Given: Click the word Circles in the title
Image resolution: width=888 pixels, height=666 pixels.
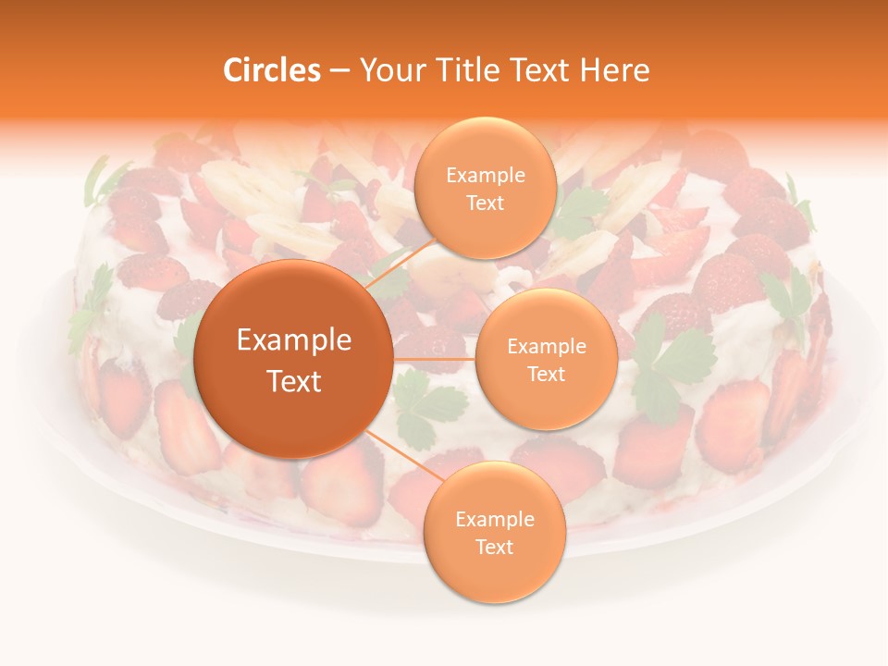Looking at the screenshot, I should click(x=271, y=70).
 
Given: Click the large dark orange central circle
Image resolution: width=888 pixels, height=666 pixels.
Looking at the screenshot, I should click(x=293, y=305).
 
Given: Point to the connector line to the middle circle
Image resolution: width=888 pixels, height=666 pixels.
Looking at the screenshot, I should click(x=435, y=359).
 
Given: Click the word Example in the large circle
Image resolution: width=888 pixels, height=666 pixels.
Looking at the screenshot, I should click(x=293, y=340).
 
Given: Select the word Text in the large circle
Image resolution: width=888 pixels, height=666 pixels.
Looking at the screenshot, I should click(x=293, y=381).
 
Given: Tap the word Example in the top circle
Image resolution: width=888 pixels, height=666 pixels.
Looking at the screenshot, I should click(x=485, y=176).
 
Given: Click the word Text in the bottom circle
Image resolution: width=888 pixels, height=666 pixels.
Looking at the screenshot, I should click(x=494, y=547).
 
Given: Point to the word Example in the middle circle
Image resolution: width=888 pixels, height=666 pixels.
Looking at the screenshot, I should click(x=546, y=347).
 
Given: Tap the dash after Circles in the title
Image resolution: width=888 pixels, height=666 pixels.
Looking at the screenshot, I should click(x=339, y=71).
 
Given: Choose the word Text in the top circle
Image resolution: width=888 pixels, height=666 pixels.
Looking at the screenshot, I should click(x=485, y=203).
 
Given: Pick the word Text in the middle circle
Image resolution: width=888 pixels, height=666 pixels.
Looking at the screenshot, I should click(x=546, y=374).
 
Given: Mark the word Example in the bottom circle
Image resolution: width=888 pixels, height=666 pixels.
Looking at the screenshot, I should click(x=494, y=520).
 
